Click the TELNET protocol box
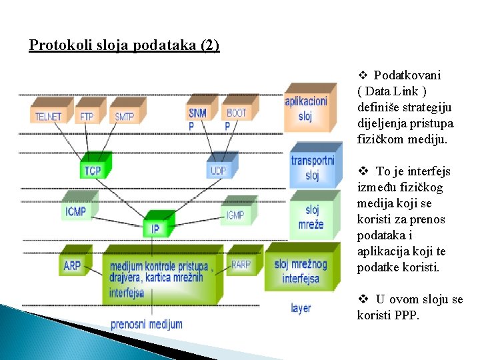pos(48,115)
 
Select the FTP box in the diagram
pos(87,115)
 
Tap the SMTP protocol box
pos(125,115)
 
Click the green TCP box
pos(93,170)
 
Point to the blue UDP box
pos(219,170)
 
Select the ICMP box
pos(75,212)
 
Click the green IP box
pos(155,228)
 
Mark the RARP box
pos(241,265)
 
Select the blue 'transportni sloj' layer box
pos(312,167)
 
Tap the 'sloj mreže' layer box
pos(311,217)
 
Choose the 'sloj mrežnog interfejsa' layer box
pos(301,270)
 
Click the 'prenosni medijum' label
pos(146,324)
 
